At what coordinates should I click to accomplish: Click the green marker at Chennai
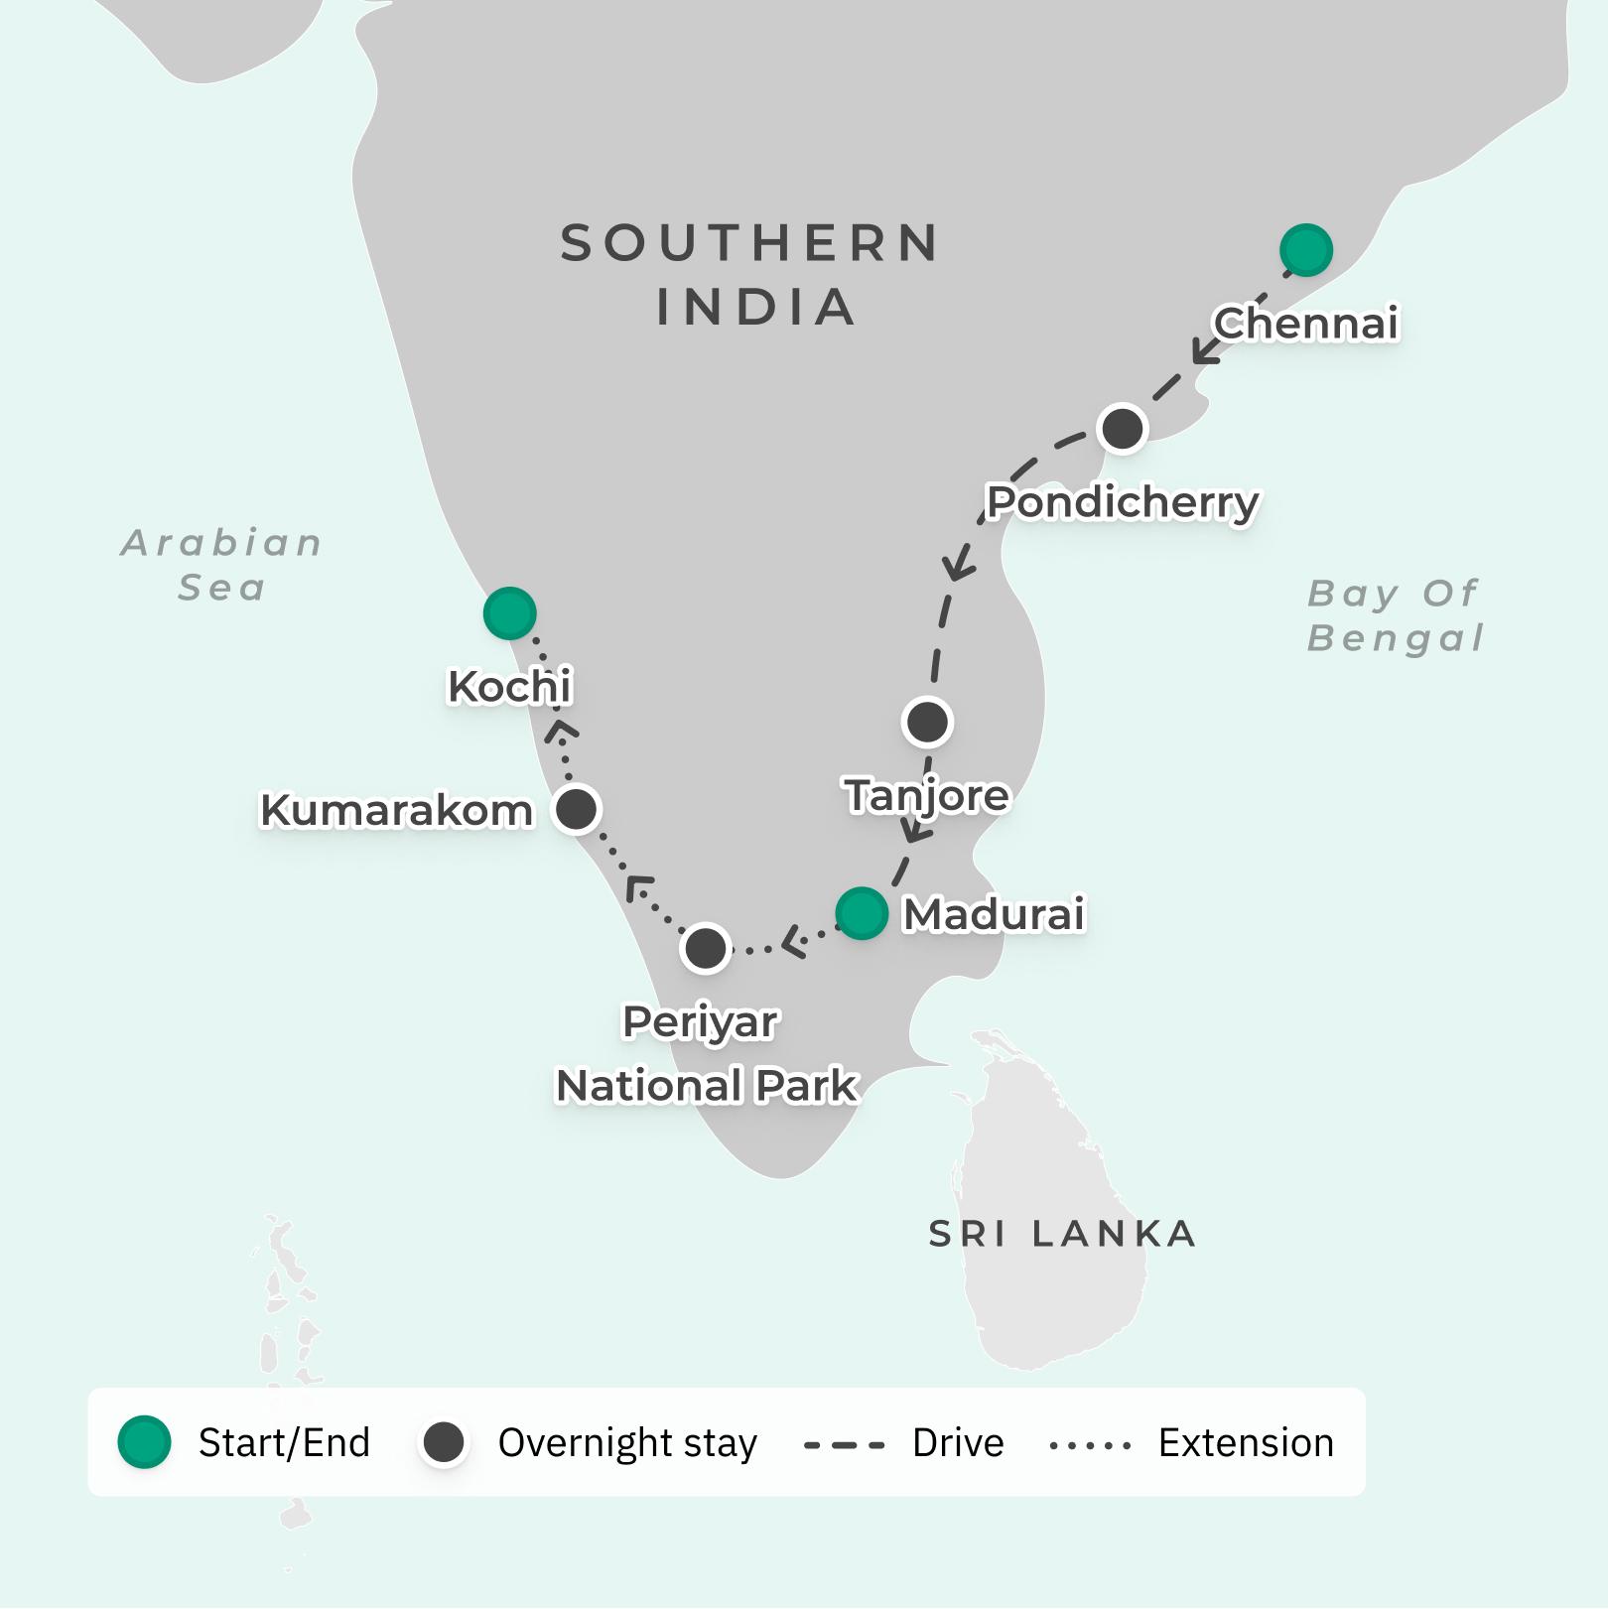1305,249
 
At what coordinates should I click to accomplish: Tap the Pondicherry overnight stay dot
1123,429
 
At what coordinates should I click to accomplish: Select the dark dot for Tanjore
927,722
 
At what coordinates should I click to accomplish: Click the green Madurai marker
861,913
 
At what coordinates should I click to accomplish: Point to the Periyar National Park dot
706,948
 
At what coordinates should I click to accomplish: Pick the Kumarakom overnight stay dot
576,809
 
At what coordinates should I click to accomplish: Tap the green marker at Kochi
509,612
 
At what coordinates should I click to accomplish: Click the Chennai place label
1305,324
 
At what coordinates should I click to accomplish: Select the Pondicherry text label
1122,502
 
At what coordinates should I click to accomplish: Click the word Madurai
993,914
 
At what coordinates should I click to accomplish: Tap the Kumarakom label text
396,810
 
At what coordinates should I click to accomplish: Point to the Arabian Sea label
222,565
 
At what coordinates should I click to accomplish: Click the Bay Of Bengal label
1394,615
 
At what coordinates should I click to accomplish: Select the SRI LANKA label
1062,1234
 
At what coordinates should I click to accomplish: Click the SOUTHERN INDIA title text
751,274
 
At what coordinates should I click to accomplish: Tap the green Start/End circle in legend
145,1442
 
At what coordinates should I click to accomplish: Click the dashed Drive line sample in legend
844,1444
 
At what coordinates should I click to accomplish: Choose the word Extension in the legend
1246,1443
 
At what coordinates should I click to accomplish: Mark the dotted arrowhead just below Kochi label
561,732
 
